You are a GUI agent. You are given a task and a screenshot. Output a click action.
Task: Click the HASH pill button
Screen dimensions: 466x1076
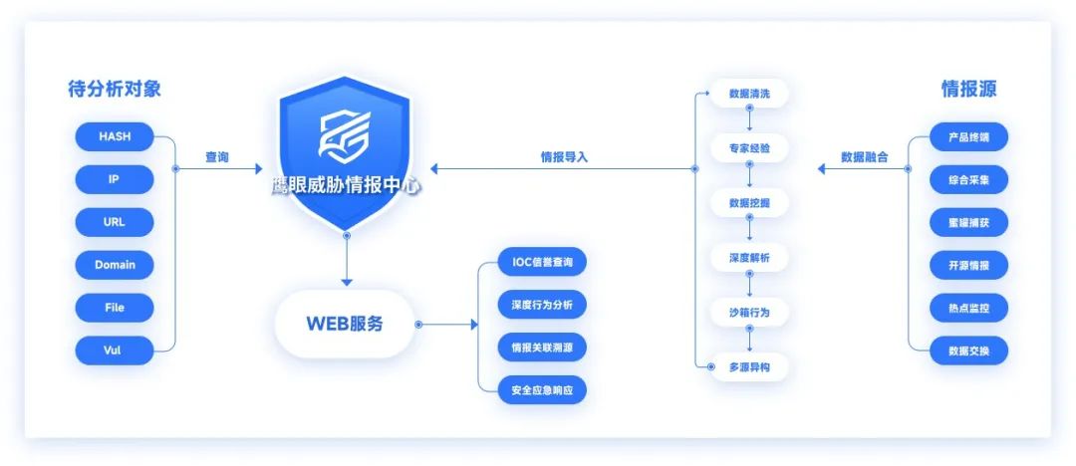115,136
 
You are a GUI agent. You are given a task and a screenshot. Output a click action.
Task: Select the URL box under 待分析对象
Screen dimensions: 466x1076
115,222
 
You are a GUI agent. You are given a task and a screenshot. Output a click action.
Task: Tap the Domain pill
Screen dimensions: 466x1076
115,265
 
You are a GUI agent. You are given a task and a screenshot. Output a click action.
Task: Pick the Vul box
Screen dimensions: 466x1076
115,350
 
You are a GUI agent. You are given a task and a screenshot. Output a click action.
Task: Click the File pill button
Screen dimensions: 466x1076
115,308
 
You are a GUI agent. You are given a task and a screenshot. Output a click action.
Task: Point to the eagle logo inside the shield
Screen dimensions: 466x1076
344,134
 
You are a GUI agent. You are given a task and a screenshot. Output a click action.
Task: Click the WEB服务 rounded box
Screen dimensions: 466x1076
344,324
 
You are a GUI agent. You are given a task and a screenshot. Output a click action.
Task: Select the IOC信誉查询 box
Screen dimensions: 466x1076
542,262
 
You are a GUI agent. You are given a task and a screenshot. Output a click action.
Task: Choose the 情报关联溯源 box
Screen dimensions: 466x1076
542,348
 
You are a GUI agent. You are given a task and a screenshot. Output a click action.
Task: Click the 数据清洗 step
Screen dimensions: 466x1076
749,94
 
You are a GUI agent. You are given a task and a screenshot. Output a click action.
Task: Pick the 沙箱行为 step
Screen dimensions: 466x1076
749,313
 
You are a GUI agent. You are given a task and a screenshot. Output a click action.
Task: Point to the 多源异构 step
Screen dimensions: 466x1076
749,367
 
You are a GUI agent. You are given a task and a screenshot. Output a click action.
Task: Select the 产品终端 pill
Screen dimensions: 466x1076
968,136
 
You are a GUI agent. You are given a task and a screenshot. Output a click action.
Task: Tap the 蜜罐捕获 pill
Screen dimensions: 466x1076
968,222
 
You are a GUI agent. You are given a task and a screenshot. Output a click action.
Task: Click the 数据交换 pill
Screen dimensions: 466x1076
968,350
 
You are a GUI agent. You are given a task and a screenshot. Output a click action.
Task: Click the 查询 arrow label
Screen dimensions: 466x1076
217,157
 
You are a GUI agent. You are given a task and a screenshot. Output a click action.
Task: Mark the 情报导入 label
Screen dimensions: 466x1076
565,157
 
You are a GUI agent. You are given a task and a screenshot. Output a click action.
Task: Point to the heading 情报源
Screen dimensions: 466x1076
968,90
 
